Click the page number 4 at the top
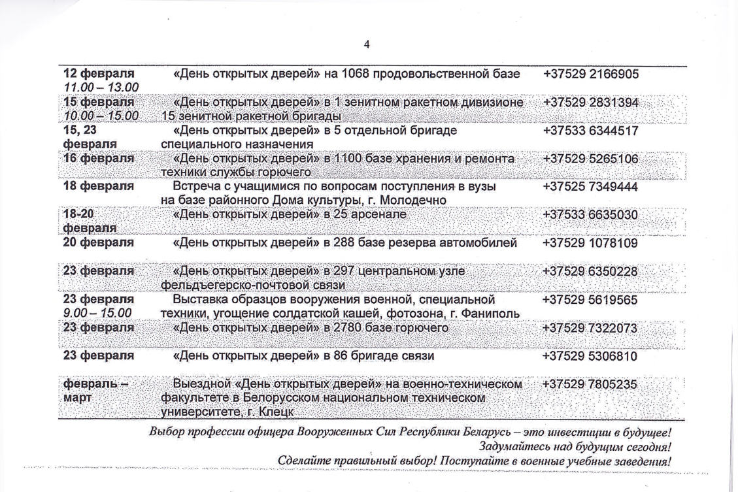367,44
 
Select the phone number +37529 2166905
590,74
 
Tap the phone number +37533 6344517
590,131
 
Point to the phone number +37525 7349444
590,187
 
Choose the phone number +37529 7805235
590,384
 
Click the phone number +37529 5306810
590,356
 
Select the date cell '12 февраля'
98,74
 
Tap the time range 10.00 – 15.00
101,116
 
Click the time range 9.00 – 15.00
97,313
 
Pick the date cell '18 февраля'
98,187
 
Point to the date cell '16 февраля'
98,159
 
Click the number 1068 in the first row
356,74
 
